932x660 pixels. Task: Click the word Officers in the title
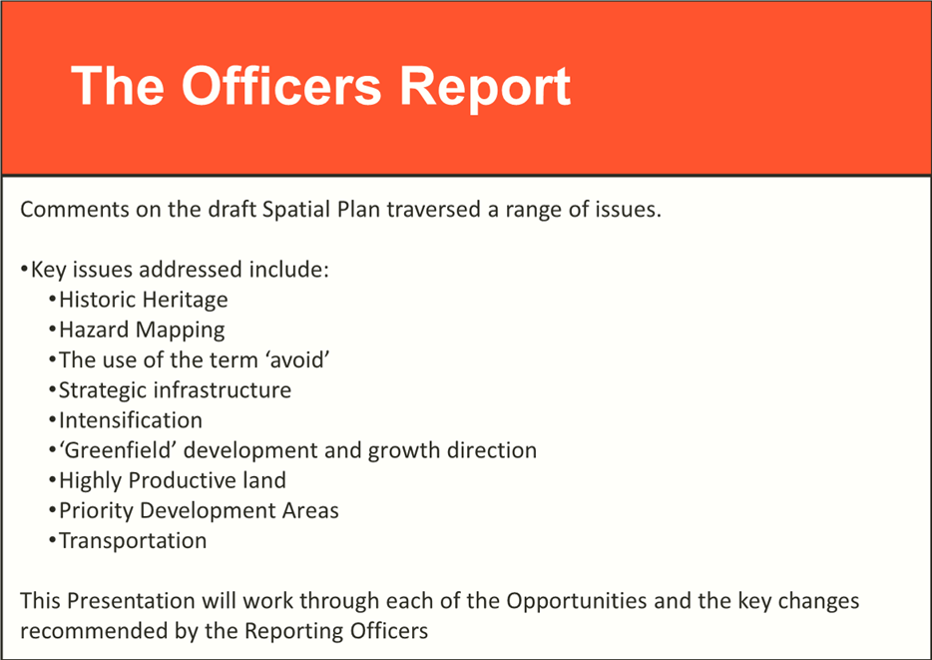point(281,86)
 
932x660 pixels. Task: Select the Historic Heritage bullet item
point(144,301)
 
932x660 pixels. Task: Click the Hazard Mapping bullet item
point(142,330)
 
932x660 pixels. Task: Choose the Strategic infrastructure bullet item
point(175,390)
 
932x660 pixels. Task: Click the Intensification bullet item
point(131,420)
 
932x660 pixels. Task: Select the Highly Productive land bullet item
point(173,480)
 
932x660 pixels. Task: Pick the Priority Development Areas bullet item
point(200,511)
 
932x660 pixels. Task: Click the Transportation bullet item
point(133,540)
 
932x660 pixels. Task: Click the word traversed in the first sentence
point(434,210)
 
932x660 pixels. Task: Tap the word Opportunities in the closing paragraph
point(577,601)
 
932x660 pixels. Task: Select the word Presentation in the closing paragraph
point(131,600)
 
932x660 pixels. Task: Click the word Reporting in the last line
point(294,631)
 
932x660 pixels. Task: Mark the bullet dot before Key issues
point(24,270)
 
